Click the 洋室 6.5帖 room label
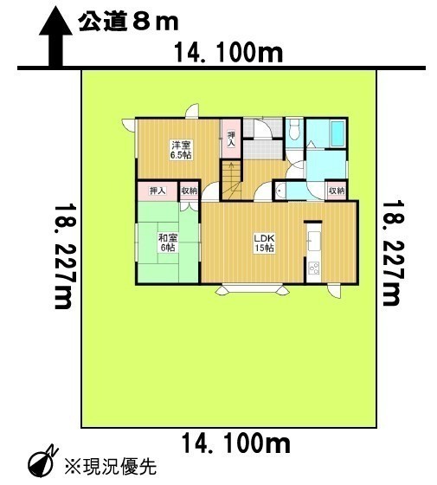181,150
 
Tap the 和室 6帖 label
168,242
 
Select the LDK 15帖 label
264,243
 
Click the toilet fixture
294,131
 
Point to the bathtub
337,133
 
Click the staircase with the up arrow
231,180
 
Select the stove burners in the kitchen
314,268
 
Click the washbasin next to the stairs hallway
280,191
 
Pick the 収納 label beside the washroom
337,191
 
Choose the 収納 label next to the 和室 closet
189,191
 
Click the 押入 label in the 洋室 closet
231,139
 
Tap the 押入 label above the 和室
157,191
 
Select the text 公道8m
128,22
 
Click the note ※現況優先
111,466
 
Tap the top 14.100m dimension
228,53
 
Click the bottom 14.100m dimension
235,443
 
